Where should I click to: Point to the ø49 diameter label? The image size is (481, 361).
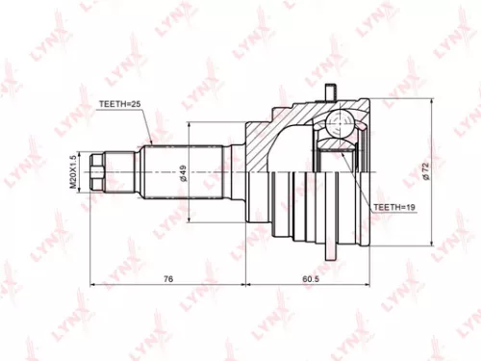pyautogui.click(x=182, y=174)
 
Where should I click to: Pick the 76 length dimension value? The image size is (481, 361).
pyautogui.click(x=167, y=279)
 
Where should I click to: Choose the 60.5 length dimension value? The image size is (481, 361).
pyautogui.click(x=309, y=279)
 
